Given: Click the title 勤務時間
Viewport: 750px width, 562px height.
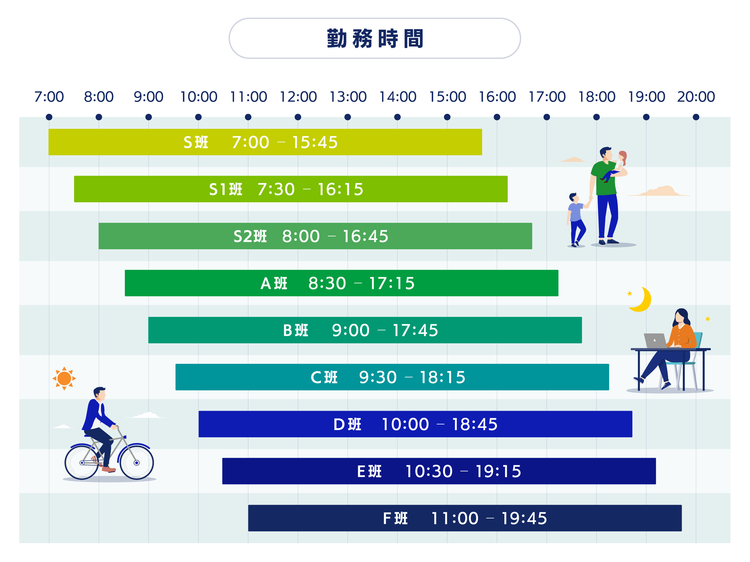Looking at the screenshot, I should coord(375,38).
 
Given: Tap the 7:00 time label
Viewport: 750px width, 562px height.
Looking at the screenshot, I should coord(49,97).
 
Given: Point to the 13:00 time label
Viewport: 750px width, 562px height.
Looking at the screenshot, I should coord(348,97).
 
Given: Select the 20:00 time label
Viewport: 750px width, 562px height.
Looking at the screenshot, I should coord(696,97).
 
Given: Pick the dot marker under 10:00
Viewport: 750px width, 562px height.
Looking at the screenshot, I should coord(198,117).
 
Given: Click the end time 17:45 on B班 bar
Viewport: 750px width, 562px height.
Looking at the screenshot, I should coord(415,330).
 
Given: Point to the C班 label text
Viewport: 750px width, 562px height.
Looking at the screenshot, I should coord(324,377).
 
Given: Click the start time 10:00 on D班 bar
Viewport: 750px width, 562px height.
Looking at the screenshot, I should coord(405,424).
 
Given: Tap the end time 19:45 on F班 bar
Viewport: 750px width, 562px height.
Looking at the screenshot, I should coord(524,518).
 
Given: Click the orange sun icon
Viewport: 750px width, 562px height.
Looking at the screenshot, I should coord(64,378).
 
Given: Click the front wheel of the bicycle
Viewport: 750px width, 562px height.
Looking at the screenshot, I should coord(136,463).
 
